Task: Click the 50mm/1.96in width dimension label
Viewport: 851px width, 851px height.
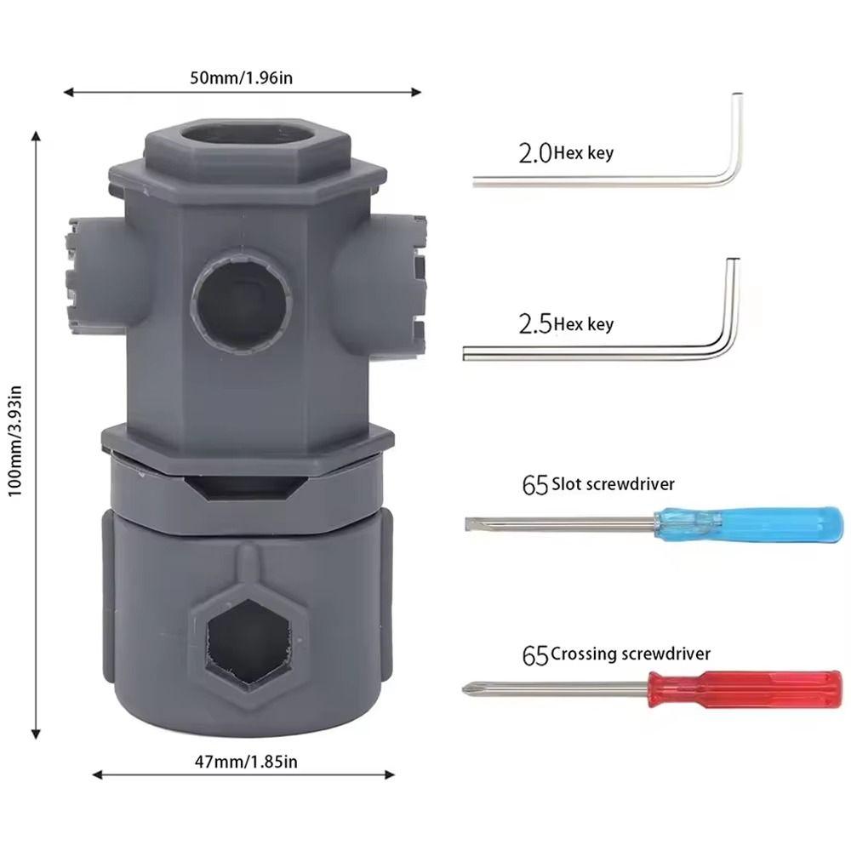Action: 242,78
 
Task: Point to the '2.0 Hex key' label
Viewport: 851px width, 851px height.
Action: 565,154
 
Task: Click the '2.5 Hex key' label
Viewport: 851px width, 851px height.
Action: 565,324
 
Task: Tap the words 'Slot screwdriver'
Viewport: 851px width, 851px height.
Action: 613,483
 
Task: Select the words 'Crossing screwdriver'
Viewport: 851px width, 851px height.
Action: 630,654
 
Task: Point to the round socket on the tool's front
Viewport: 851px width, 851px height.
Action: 241,301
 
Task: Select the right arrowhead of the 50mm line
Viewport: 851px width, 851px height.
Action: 417,92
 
